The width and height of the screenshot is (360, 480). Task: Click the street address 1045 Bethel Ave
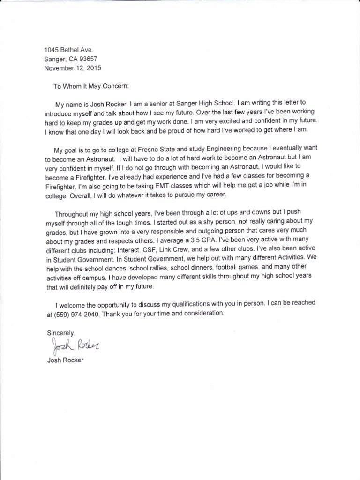tap(68, 50)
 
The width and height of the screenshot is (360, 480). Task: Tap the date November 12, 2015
tap(72, 68)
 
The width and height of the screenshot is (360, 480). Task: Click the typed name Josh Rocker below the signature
tap(65, 360)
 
